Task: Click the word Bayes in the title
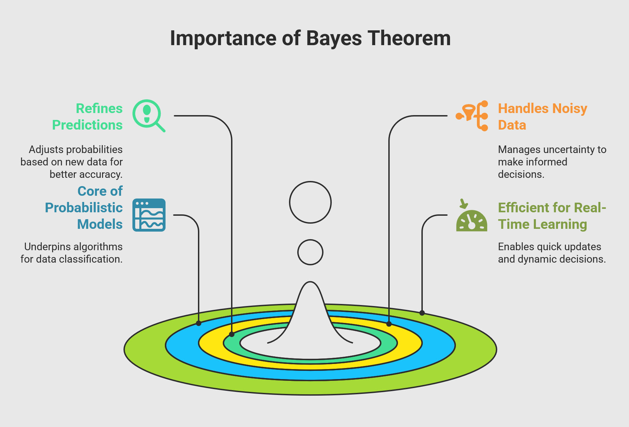pos(334,39)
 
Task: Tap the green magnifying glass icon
pos(149,116)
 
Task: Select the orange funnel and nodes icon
pos(472,116)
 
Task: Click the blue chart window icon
pos(149,215)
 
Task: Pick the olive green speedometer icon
pos(471,215)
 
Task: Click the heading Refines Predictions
pos(87,116)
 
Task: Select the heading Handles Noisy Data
pos(542,116)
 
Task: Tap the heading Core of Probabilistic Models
pos(84,207)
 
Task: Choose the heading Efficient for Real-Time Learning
pos(552,216)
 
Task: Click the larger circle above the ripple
pos(310,182)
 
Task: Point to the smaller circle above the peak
pos(310,240)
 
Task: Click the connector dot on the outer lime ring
pos(422,313)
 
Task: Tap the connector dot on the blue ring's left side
pos(199,323)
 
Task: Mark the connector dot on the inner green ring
pos(232,334)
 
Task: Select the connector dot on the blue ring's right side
pos(389,324)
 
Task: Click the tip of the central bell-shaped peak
pos(310,282)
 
